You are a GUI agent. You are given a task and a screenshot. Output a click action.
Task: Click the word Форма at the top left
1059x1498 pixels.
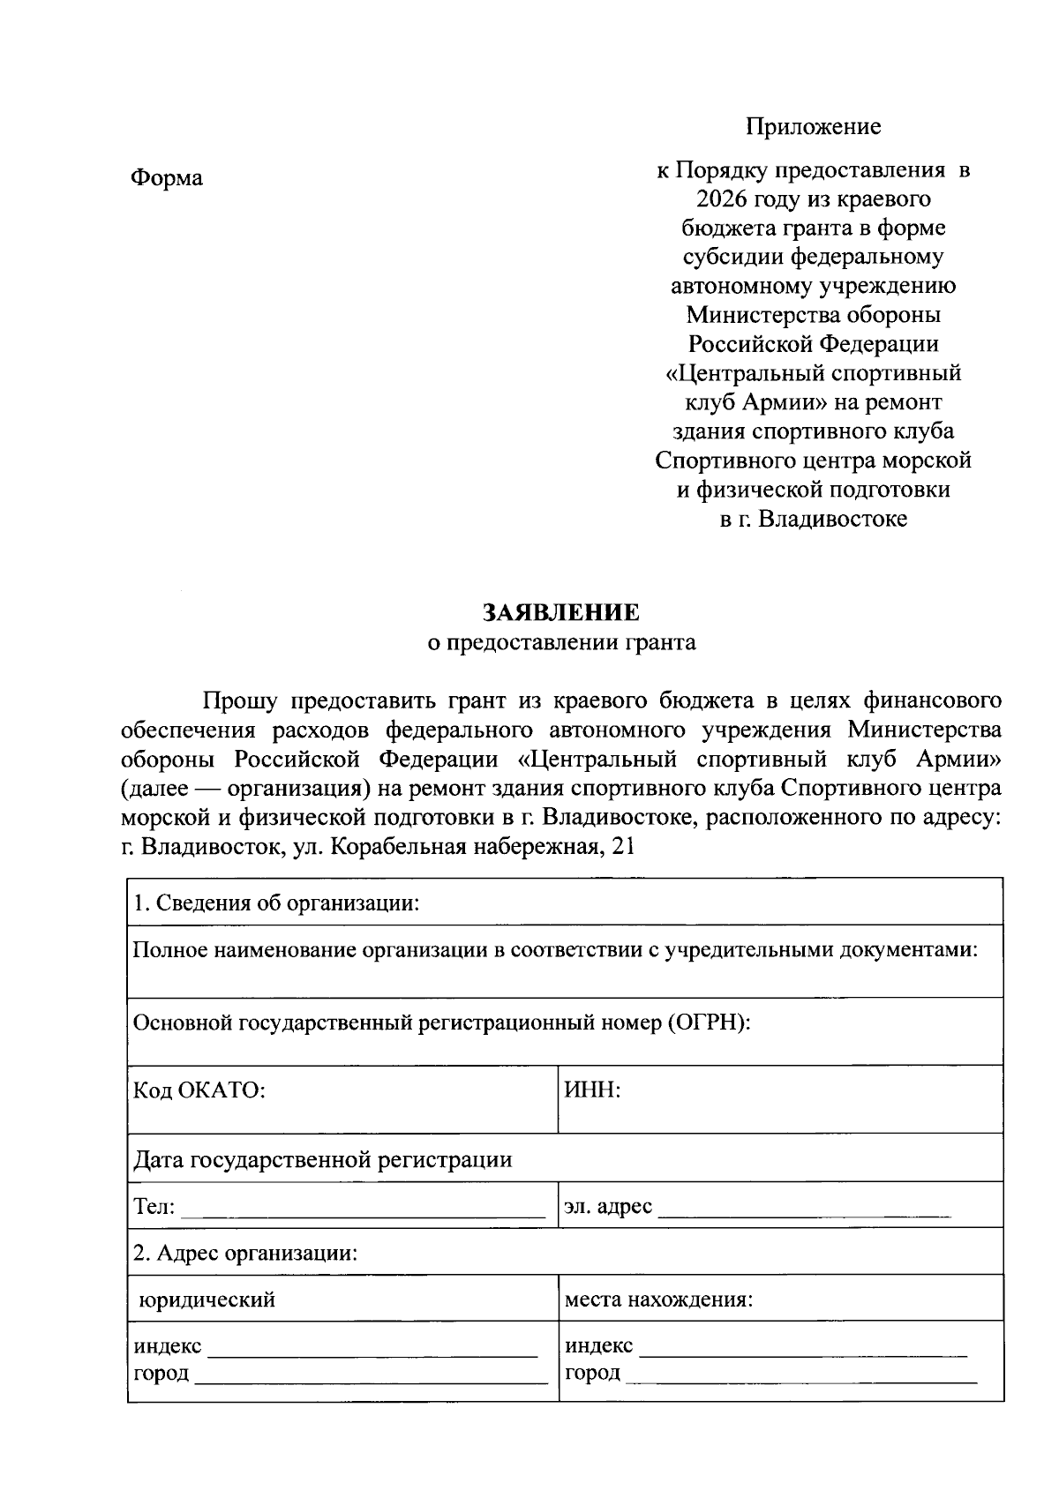(167, 178)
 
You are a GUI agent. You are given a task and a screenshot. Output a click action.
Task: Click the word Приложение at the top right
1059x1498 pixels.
(813, 126)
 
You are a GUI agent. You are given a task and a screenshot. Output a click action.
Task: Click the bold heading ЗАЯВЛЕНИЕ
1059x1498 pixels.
(561, 613)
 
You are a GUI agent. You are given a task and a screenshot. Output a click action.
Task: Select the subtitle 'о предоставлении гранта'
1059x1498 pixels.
(561, 642)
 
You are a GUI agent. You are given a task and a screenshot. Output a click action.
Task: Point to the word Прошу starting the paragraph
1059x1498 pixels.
(239, 701)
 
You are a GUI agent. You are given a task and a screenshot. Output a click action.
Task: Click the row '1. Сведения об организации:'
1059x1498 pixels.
(275, 903)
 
